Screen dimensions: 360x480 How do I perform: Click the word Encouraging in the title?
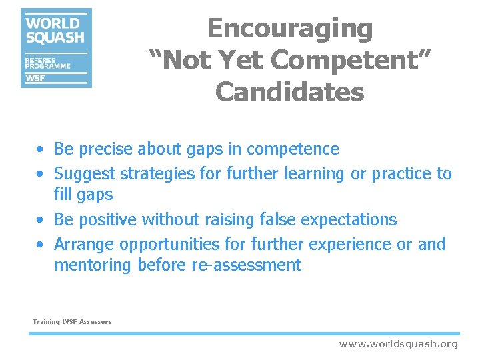coord(290,29)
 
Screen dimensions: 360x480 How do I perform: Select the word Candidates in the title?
coord(290,92)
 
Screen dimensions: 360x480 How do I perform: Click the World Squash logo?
coord(56,48)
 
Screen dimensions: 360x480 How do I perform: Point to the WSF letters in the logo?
coord(36,78)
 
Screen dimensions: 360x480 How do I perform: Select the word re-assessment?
coord(246,265)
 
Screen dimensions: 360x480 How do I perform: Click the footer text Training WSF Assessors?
coord(72,322)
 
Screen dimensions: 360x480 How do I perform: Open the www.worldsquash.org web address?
coord(399,344)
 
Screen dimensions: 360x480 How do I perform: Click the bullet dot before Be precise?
coord(41,150)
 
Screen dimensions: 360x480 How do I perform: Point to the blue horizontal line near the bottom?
coord(243,333)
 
